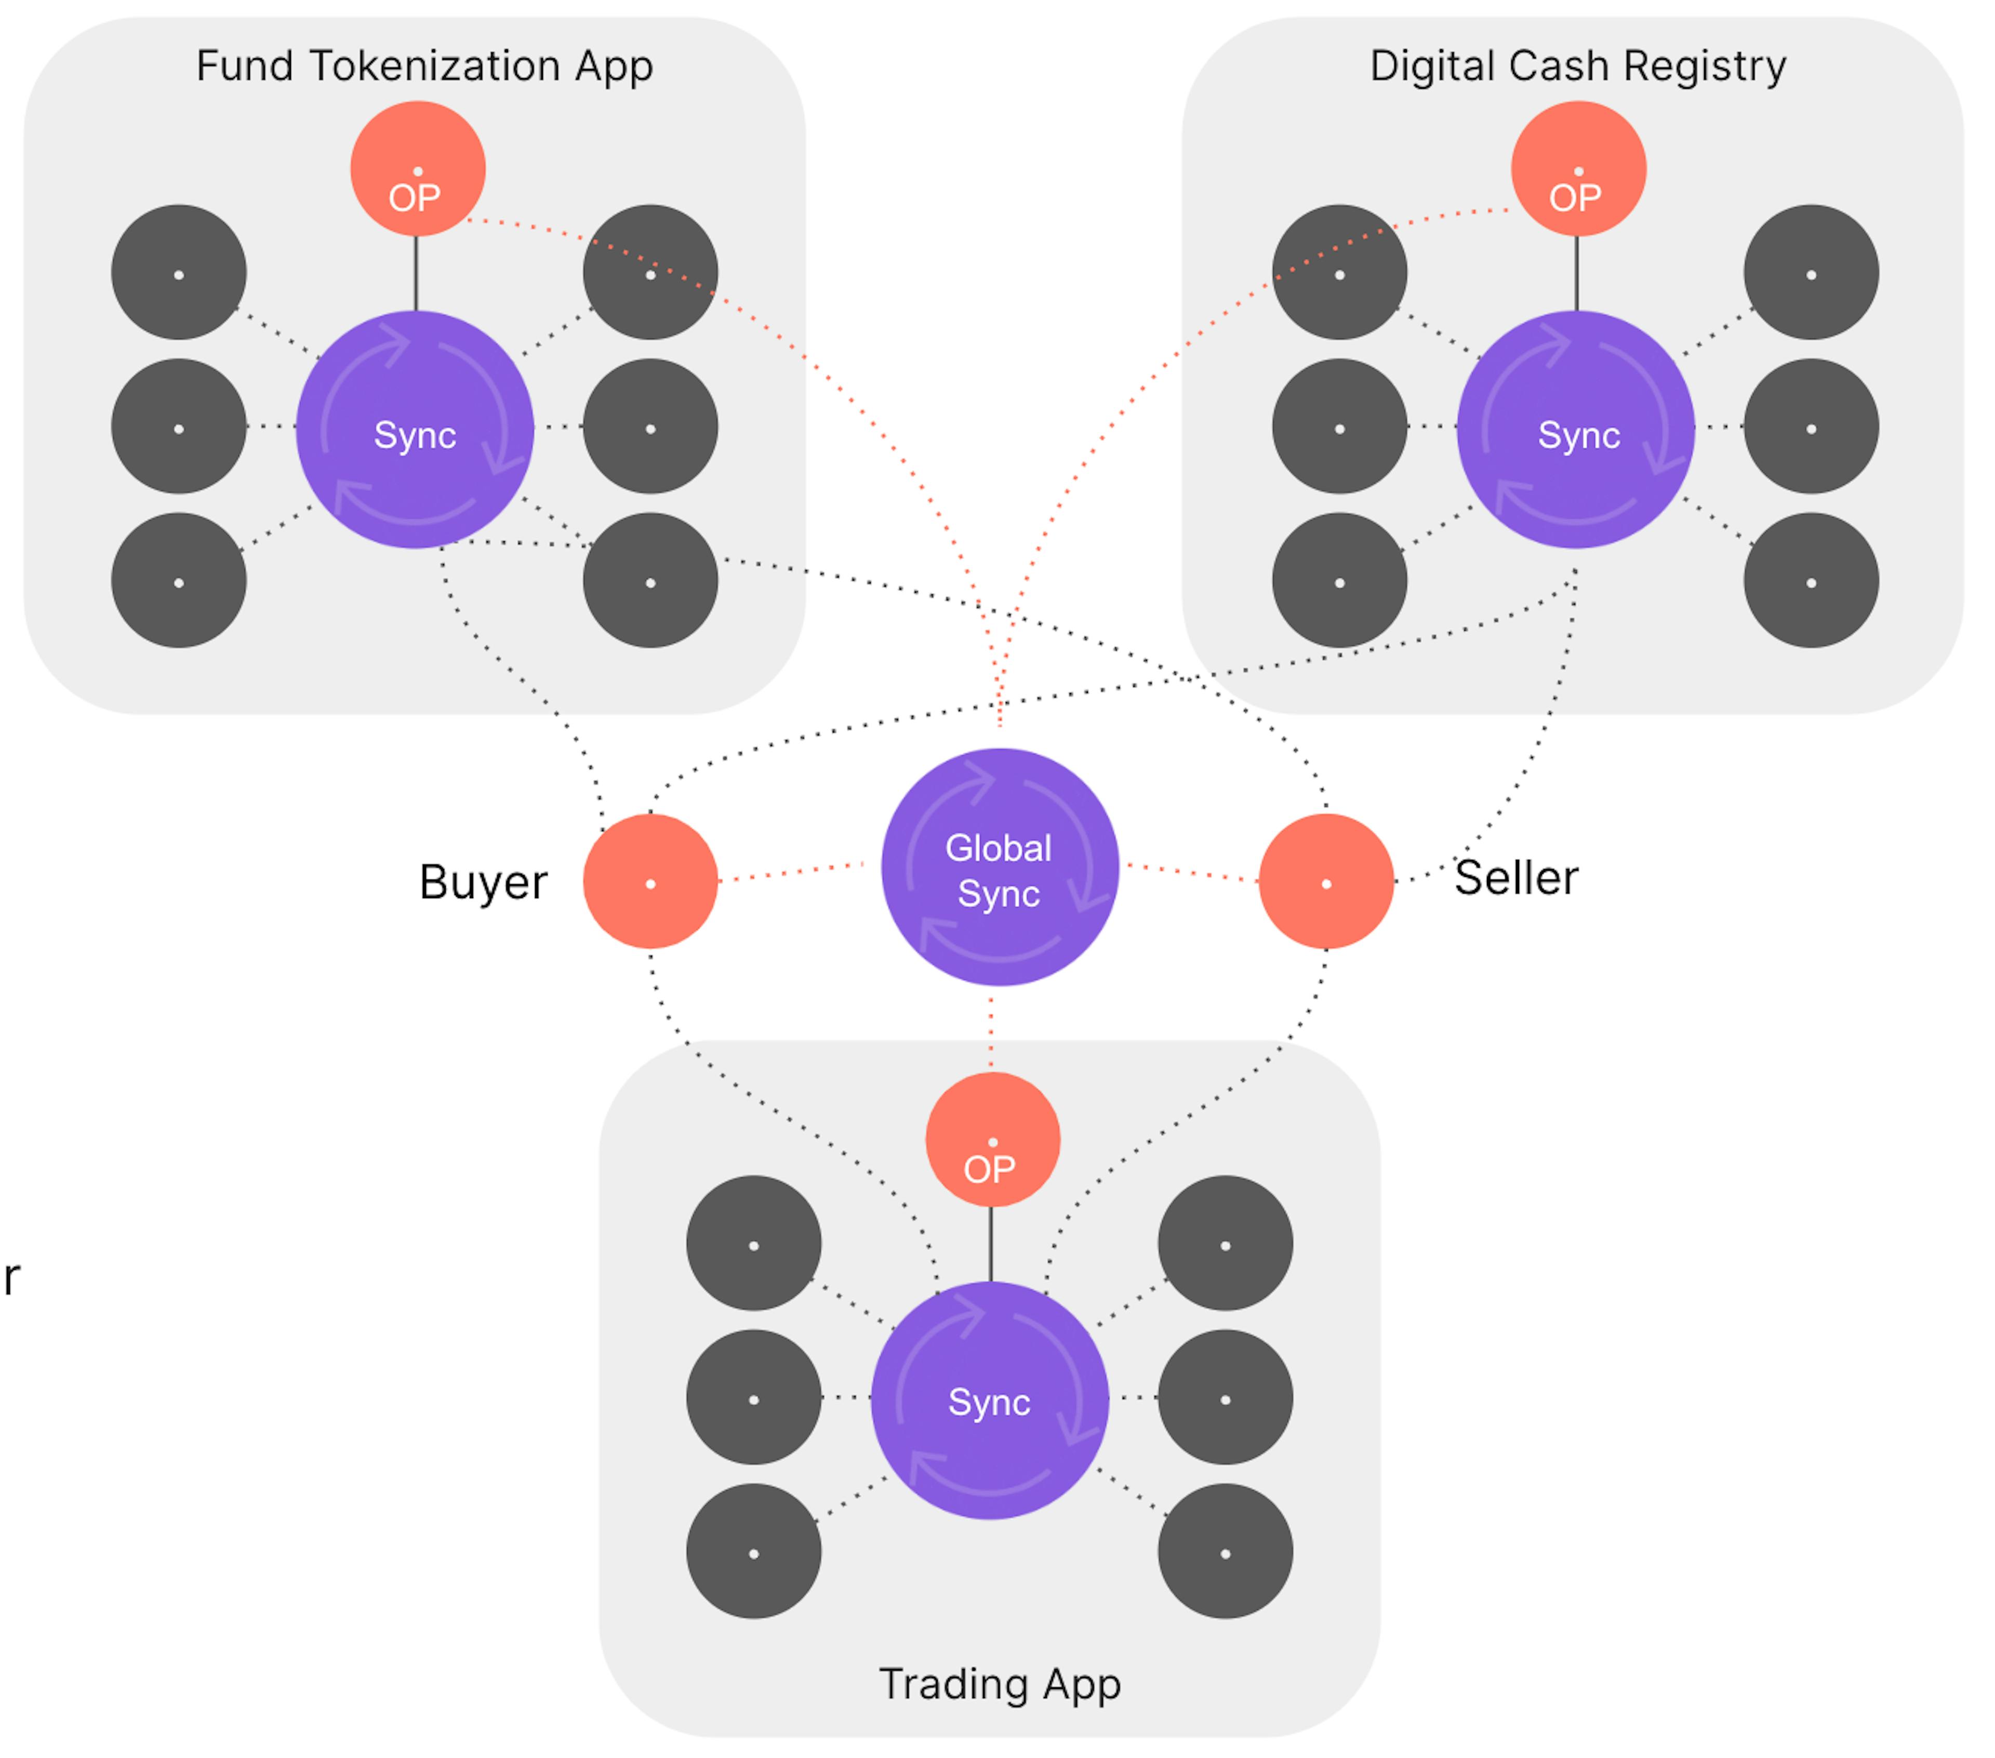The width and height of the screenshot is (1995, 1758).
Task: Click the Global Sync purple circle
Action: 1000,868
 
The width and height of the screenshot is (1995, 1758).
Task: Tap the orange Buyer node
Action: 650,882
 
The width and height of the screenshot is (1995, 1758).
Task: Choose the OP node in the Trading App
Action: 992,1139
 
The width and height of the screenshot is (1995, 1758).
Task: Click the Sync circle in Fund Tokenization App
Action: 415,430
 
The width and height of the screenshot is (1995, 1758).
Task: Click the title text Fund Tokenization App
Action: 424,66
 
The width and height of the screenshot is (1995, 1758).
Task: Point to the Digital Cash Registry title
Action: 1578,66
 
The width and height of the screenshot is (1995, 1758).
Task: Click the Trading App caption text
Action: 1000,1684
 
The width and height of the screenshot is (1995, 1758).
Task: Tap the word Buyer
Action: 483,883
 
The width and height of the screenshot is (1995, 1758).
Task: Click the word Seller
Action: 1516,877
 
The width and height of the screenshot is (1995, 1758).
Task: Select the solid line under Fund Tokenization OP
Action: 417,273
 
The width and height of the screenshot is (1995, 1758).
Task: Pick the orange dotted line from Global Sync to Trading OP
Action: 992,1030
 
